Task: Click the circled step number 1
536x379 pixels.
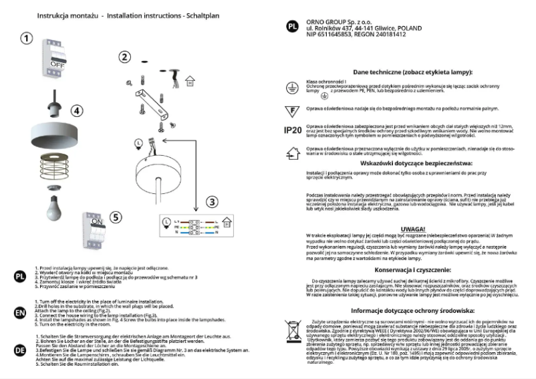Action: tap(25, 38)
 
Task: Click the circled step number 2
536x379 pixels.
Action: tap(124, 57)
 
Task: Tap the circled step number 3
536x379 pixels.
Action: tap(212, 201)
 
